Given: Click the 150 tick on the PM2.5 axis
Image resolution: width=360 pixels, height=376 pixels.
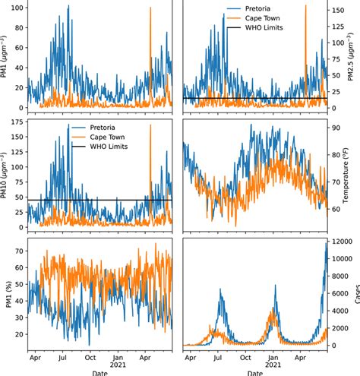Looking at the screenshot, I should tap(339, 11).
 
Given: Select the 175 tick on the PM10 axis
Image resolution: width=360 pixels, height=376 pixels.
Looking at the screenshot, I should tap(14, 122).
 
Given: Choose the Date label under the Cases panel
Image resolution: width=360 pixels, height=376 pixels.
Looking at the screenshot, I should tap(254, 372).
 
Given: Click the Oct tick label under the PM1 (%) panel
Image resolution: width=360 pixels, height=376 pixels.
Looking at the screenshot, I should tap(90, 355).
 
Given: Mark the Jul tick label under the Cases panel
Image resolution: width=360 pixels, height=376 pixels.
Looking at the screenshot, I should tap(217, 355).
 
